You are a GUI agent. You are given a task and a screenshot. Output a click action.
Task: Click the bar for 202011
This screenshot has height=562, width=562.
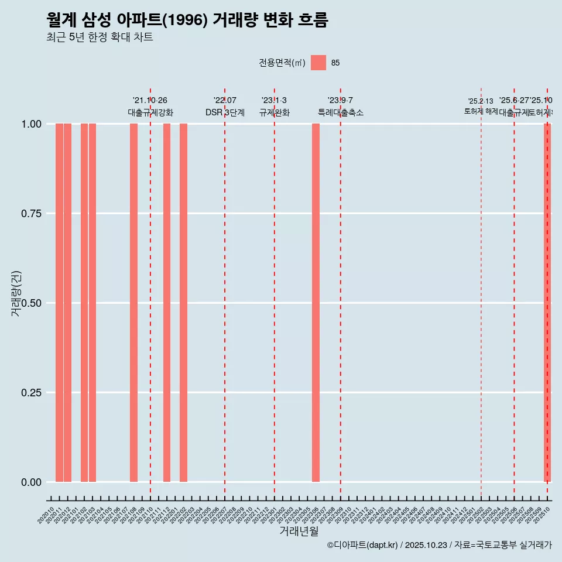pyautogui.click(x=59, y=303)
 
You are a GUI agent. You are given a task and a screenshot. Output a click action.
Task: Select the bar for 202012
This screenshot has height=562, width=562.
pyautogui.click(x=67, y=303)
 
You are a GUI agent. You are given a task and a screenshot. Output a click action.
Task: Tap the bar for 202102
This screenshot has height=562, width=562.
pyautogui.click(x=84, y=303)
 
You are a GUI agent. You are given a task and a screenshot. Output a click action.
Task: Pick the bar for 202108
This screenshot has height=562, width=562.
pyautogui.click(x=133, y=303)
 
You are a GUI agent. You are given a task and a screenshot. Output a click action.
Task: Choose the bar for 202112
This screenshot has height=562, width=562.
pyautogui.click(x=167, y=303)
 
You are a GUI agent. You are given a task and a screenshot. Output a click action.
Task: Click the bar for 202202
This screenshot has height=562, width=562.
pyautogui.click(x=183, y=303)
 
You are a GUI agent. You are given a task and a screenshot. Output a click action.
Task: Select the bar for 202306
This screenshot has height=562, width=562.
pyautogui.click(x=316, y=303)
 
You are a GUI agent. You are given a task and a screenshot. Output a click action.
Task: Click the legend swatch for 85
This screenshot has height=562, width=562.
pyautogui.click(x=318, y=63)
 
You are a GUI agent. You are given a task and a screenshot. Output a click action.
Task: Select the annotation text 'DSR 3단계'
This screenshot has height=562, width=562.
pyautogui.click(x=225, y=112)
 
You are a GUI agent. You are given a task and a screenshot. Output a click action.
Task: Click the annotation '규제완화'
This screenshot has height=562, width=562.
pyautogui.click(x=275, y=112)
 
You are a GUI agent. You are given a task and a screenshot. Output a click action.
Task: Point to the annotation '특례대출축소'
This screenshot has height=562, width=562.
pyautogui.click(x=341, y=112)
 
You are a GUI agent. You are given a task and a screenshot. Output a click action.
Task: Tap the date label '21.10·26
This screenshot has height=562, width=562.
pyautogui.click(x=150, y=101)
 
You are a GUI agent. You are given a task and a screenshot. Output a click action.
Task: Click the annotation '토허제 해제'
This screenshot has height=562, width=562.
pyautogui.click(x=481, y=111)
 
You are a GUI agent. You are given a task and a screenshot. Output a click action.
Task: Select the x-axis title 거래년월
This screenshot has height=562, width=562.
pyautogui.click(x=299, y=531)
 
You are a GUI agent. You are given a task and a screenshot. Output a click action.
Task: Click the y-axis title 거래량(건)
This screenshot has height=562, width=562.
pyautogui.click(x=16, y=293)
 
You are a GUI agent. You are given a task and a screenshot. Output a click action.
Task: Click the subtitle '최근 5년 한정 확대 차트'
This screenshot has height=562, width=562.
pyautogui.click(x=100, y=37)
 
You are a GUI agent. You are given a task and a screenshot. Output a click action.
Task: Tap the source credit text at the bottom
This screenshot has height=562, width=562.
pyautogui.click(x=439, y=545)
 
